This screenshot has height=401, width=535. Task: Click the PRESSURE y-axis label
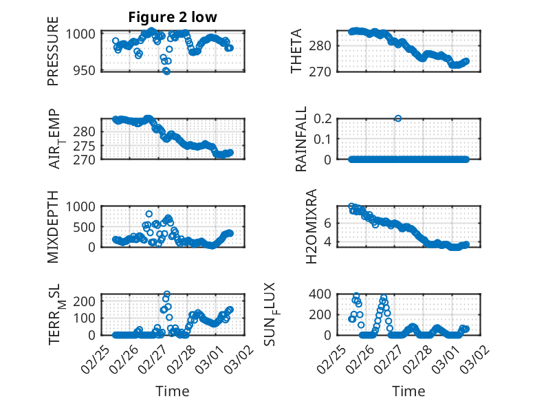click(53, 57)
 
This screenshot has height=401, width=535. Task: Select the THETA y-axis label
click(296, 51)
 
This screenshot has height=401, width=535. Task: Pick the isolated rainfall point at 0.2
click(398, 118)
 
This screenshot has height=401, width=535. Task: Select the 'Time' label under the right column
click(408, 391)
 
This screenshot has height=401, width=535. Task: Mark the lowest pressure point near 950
click(166, 71)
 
